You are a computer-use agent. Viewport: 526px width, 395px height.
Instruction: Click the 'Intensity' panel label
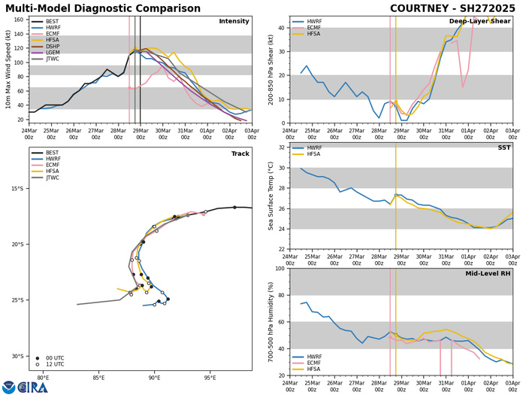(234, 21)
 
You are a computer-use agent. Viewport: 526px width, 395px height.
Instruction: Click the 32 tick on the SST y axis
(283, 167)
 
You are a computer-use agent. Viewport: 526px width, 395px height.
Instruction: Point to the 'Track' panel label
(238, 174)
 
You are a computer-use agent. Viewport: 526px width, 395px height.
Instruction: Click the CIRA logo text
(33, 387)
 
